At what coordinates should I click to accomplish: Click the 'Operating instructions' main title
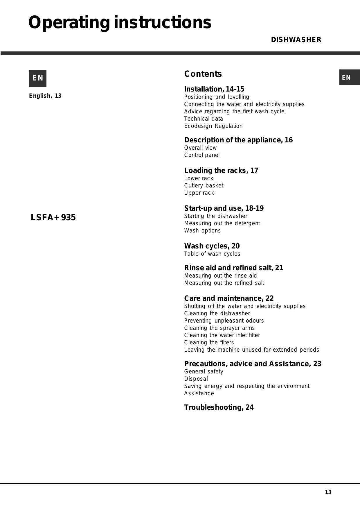point(120,23)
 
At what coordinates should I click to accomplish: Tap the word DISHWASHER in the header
point(296,40)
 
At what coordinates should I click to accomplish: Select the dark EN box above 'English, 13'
point(38,78)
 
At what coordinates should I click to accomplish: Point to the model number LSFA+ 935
point(53,217)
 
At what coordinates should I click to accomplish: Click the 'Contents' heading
point(203,74)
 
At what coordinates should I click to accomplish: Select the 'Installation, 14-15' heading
point(214,89)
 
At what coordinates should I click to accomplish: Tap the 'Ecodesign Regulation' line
point(213,126)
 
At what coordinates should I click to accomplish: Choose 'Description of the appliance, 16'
point(238,140)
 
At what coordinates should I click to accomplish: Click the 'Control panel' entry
point(202,155)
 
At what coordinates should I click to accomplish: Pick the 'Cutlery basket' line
point(204,185)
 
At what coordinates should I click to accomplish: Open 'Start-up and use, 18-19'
point(224,208)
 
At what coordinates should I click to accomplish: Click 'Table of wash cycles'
point(212,254)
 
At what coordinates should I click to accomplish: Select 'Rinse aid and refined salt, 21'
point(233,268)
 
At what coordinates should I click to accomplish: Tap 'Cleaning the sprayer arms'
point(219,328)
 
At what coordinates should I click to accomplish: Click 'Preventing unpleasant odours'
point(224,321)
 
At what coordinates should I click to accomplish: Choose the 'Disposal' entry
point(196,379)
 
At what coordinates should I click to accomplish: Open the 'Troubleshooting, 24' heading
point(219,407)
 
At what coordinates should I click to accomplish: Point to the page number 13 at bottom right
point(328,492)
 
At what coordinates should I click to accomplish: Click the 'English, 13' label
point(45,96)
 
